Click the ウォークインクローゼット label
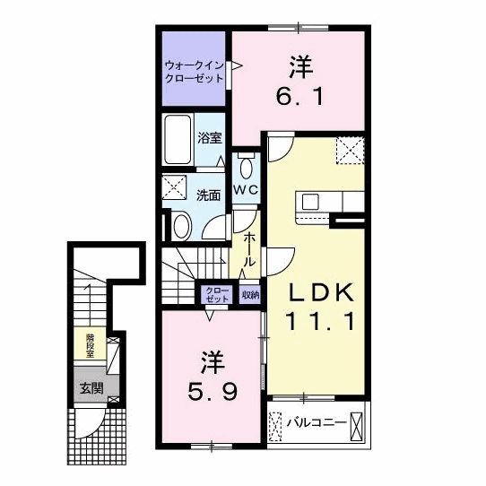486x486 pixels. click(x=193, y=72)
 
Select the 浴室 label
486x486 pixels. click(x=210, y=139)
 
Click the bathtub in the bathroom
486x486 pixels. click(x=178, y=142)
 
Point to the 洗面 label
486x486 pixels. click(x=209, y=195)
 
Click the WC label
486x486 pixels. click(x=246, y=190)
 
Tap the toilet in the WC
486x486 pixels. click(x=247, y=165)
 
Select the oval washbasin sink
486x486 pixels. click(x=180, y=224)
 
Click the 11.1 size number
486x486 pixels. click(x=322, y=320)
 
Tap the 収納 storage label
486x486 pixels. click(x=249, y=294)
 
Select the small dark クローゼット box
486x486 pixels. click(x=217, y=294)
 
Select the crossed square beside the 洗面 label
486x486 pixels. click(x=172, y=187)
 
